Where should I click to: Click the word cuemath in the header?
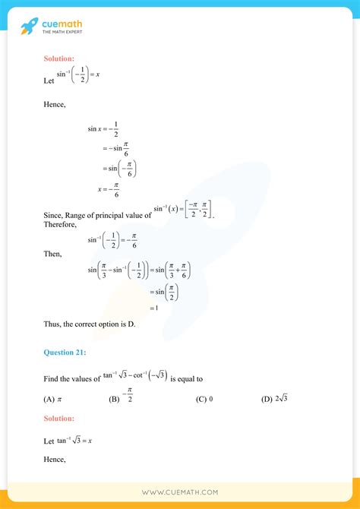point(62,24)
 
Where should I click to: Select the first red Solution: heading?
point(59,58)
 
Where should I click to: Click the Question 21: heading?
point(65,352)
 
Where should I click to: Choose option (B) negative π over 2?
point(122,396)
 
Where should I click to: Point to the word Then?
point(53,254)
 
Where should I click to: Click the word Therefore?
point(60,224)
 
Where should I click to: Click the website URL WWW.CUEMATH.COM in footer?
point(180,493)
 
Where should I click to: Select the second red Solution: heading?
point(59,418)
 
